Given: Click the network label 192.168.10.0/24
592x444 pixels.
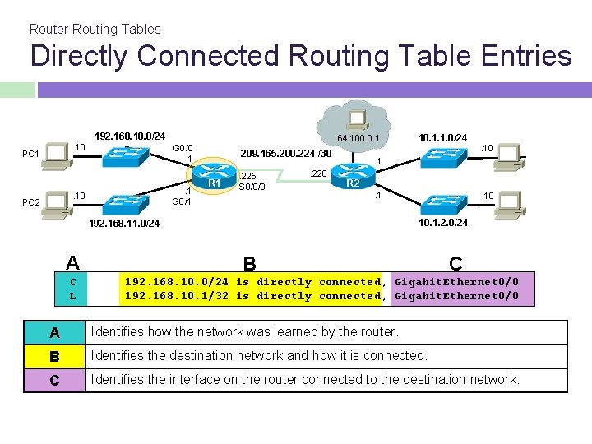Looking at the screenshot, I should (x=130, y=136).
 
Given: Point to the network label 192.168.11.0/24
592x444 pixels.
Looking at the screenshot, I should (x=124, y=223).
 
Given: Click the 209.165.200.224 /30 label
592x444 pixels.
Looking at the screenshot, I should (x=285, y=154).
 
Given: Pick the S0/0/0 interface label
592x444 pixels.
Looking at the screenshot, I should (x=251, y=187).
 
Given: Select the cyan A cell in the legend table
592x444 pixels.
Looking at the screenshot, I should (x=54, y=332).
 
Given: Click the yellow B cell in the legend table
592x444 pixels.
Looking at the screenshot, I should (x=54, y=356).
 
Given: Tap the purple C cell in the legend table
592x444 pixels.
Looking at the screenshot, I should (x=54, y=380).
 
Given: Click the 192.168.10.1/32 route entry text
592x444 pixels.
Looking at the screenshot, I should (x=177, y=296).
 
